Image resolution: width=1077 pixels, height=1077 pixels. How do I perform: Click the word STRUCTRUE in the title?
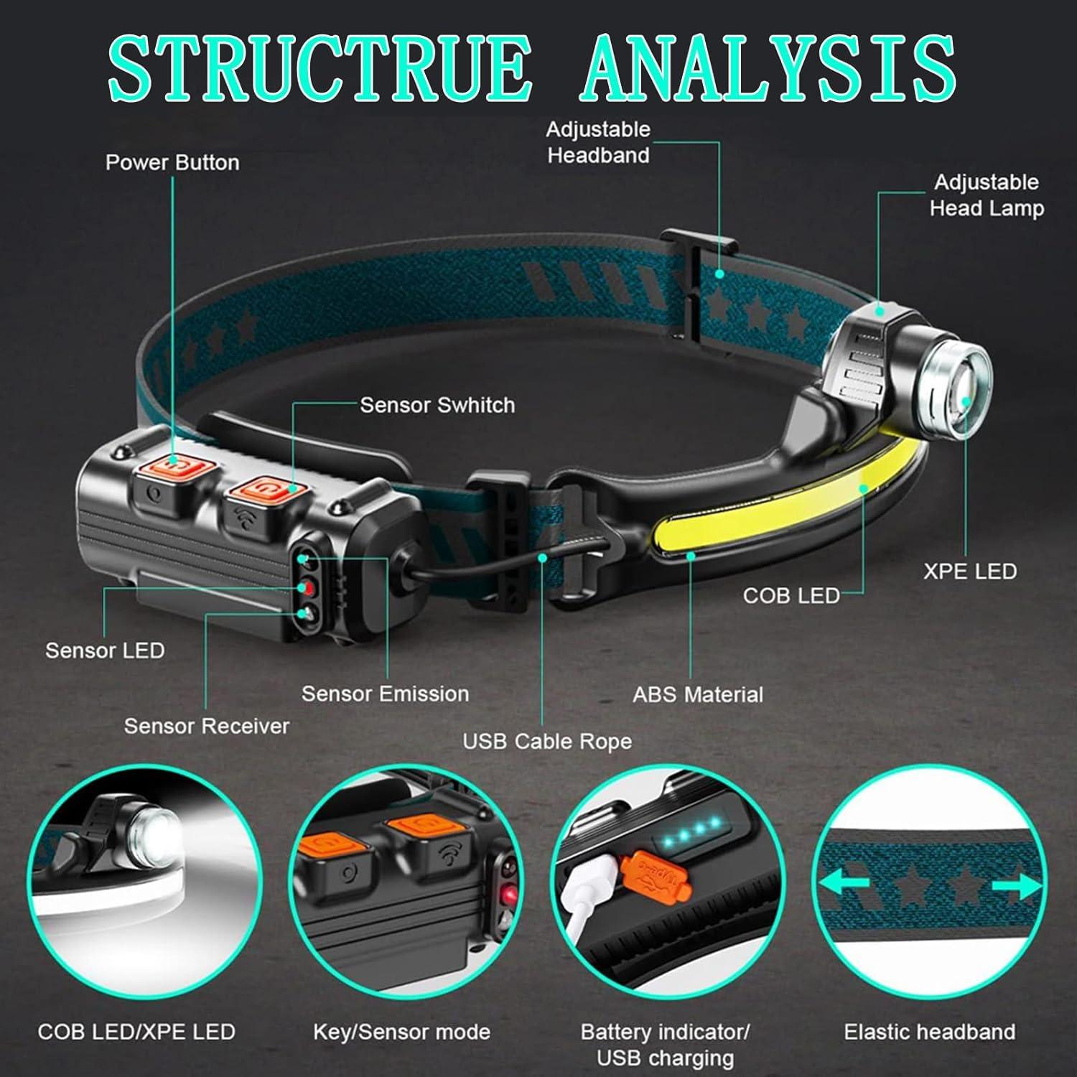[320, 67]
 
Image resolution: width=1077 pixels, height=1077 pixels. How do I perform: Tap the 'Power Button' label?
[172, 162]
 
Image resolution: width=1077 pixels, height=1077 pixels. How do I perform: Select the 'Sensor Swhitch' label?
[437, 405]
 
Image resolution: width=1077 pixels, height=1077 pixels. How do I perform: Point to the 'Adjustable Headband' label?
[598, 142]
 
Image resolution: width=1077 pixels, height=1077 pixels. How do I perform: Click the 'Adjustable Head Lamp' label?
[986, 195]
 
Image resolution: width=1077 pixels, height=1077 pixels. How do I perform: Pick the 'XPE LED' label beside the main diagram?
[969, 572]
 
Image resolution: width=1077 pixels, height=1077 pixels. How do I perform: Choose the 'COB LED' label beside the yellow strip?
[791, 595]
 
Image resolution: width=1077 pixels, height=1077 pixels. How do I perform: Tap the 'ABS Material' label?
[698, 694]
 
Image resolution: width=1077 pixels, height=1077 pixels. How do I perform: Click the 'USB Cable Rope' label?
[547, 741]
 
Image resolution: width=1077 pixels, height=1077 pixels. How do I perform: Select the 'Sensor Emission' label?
[385, 694]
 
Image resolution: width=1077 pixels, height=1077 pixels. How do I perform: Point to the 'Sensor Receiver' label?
[207, 726]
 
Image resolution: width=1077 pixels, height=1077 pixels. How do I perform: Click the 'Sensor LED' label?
[105, 651]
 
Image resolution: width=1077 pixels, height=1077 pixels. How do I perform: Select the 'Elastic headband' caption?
[929, 1032]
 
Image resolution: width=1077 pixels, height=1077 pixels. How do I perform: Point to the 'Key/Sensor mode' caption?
[401, 1032]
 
